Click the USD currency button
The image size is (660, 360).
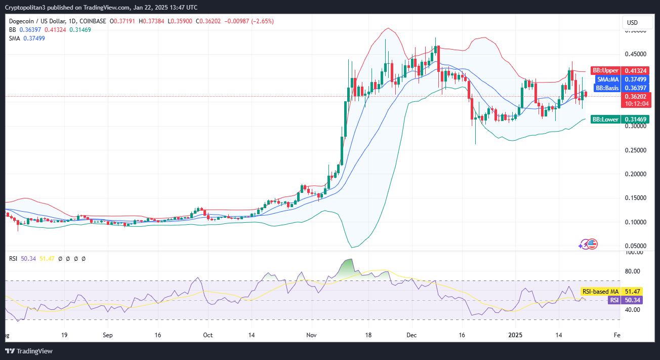(x=632, y=22)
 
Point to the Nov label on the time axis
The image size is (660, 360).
(x=311, y=335)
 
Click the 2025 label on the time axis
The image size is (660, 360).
(x=516, y=335)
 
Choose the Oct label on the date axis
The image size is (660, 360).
(x=208, y=335)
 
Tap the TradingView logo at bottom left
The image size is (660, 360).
(x=29, y=351)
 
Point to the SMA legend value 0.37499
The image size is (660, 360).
(x=34, y=38)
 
